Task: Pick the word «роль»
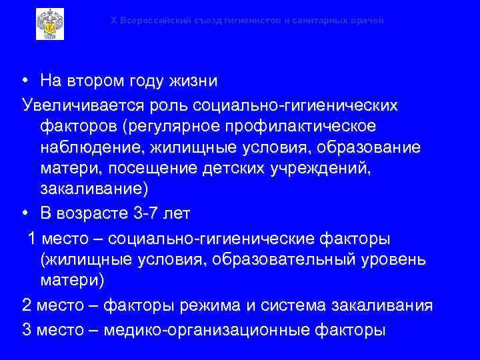click(171, 105)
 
